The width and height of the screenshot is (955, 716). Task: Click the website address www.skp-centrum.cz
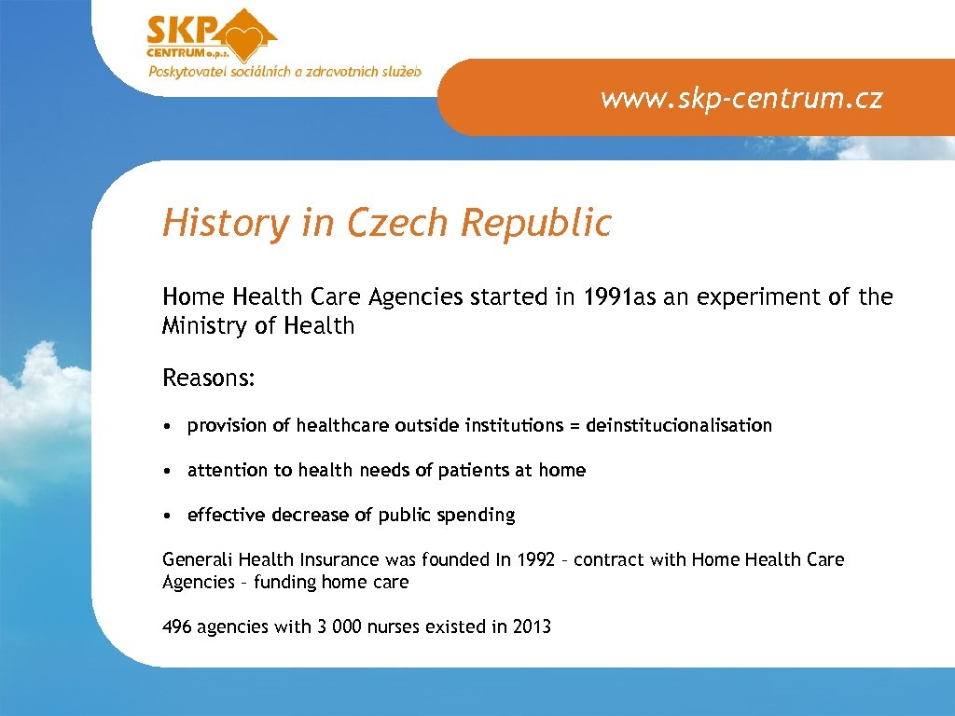pos(741,98)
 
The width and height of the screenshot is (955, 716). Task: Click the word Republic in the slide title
pos(536,223)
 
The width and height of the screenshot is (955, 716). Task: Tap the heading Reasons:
pos(209,379)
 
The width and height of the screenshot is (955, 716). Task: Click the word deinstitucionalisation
pos(679,426)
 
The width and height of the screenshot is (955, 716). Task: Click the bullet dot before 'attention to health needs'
pos(164,471)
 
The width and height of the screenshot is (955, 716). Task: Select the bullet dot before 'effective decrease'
pos(164,516)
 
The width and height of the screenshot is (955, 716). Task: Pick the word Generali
pos(198,560)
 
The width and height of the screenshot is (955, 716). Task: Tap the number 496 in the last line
pos(177,627)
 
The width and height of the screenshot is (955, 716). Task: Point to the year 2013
pos(532,627)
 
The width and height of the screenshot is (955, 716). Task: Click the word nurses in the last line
pos(394,627)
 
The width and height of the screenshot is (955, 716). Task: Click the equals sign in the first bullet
pos(574,426)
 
